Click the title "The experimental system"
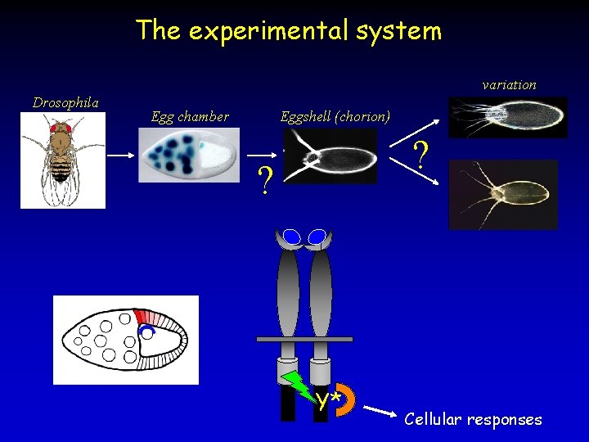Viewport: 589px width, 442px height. click(289, 30)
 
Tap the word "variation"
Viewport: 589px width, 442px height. click(509, 84)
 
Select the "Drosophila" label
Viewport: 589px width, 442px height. click(65, 102)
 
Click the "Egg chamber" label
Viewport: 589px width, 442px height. click(190, 116)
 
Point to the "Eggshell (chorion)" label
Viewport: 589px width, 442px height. click(335, 116)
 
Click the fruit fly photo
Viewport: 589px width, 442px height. click(63, 160)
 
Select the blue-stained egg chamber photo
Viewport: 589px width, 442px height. click(189, 156)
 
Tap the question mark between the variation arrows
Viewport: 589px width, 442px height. click(420, 154)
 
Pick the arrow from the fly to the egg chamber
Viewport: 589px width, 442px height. click(122, 155)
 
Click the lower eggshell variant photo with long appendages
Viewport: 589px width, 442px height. click(503, 195)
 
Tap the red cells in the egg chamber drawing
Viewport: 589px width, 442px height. click(150, 318)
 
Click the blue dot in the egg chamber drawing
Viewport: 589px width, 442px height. click(146, 331)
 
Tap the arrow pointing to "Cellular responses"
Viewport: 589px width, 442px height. click(381, 410)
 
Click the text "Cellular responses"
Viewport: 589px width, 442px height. click(473, 419)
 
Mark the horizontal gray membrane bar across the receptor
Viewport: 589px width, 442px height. click(304, 338)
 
